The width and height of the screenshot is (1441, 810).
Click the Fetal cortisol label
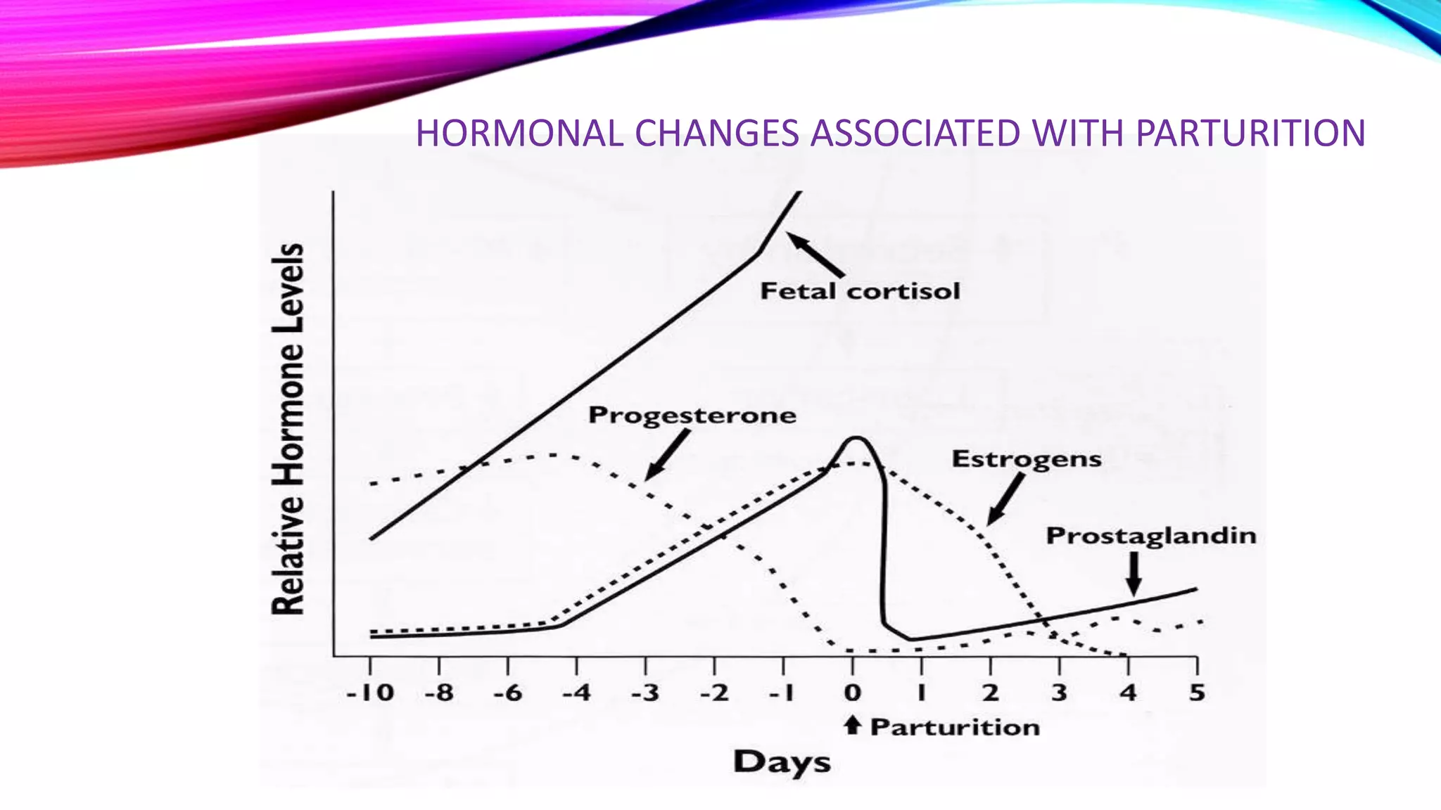click(x=860, y=291)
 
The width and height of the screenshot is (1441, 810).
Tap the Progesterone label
click(x=692, y=415)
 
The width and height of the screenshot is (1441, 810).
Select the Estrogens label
click(x=1026, y=459)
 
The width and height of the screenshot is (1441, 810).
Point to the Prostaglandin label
click(x=1151, y=536)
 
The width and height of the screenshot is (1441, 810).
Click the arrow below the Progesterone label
click(x=667, y=455)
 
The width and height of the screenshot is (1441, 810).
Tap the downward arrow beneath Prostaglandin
click(x=1133, y=574)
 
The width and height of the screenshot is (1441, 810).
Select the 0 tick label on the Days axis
click(x=852, y=693)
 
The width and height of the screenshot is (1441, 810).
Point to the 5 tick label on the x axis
click(x=1197, y=693)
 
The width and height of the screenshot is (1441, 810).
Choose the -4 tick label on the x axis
click(x=576, y=693)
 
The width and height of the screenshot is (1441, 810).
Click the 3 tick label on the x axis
click(x=1059, y=693)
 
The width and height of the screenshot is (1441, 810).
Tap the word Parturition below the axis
click(x=955, y=727)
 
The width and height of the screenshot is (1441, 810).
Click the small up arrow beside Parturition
click(x=852, y=725)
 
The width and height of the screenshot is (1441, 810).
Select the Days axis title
click(x=782, y=763)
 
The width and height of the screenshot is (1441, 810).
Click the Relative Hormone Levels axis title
click(x=288, y=429)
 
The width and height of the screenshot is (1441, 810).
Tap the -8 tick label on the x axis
click(x=439, y=693)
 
